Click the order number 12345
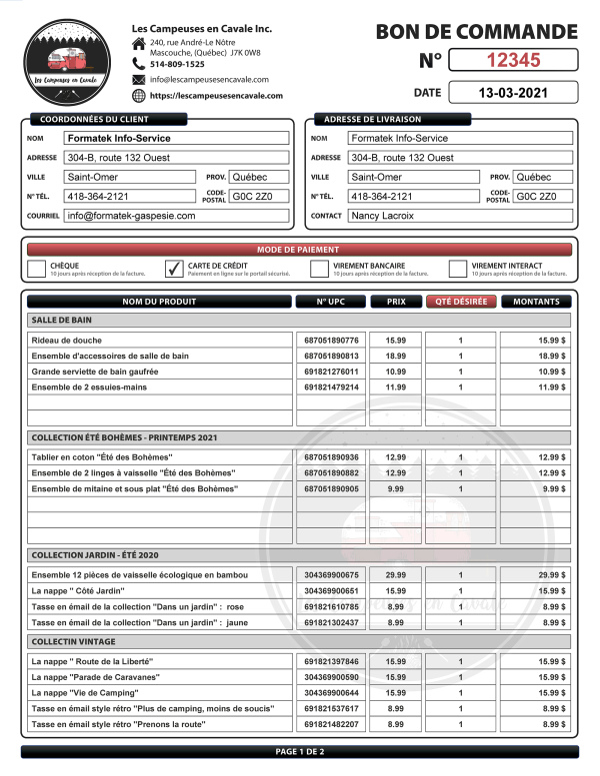coord(513,60)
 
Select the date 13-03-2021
coord(513,94)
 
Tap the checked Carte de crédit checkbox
coord(172,268)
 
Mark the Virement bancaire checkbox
coord(319,268)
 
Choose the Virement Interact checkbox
coord(458,268)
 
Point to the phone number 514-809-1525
coord(177,64)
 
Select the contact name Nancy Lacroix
coord(382,216)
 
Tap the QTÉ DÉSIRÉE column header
coord(460,302)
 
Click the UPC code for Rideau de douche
coord(331,341)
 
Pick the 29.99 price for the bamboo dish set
coord(395,575)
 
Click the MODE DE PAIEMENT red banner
coord(299,250)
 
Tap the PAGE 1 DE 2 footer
coord(299,751)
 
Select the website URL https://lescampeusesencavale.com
coord(216,96)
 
